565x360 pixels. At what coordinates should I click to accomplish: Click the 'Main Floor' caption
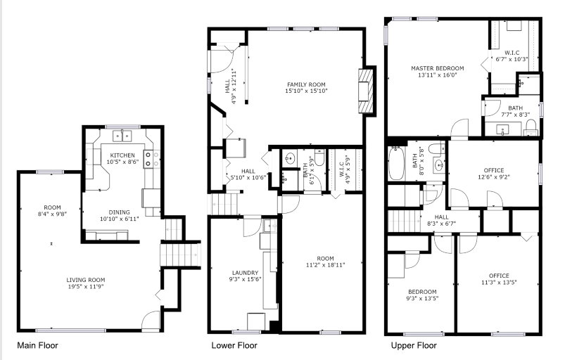click(x=37, y=346)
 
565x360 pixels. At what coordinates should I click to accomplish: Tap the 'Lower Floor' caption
click(x=234, y=346)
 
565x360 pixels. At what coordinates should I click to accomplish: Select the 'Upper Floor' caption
click(x=414, y=346)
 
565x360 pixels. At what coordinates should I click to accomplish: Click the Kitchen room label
click(x=122, y=155)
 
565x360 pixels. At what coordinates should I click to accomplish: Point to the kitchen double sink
click(x=122, y=136)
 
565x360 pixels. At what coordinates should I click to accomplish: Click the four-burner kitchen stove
click(x=152, y=159)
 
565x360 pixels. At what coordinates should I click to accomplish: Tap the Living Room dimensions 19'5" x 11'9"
click(x=86, y=287)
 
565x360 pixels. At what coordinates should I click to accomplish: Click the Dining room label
click(x=120, y=212)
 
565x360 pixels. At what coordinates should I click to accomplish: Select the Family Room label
click(x=306, y=84)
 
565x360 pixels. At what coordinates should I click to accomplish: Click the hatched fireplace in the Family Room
click(x=364, y=91)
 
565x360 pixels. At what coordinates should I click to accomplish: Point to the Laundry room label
click(x=245, y=273)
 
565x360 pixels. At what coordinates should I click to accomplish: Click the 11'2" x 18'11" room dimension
click(x=325, y=265)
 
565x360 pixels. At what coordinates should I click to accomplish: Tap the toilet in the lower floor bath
click(x=319, y=157)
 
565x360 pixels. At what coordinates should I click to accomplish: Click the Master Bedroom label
click(x=438, y=68)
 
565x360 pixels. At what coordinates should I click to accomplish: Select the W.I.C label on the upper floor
click(x=512, y=53)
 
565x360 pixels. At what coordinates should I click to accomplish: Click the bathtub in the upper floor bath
click(x=396, y=163)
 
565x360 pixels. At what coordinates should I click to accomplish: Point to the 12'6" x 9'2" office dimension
click(x=494, y=177)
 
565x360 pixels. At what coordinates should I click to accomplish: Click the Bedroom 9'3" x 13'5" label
click(x=422, y=292)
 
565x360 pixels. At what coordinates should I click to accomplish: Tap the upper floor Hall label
click(x=441, y=217)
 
